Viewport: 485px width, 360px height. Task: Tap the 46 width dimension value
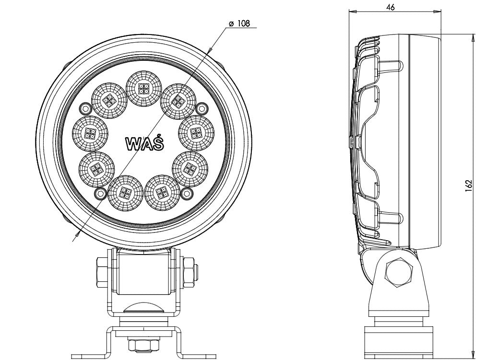tap(390, 7)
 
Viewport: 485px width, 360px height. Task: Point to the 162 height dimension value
tap(469, 186)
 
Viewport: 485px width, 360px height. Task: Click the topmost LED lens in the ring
tap(143, 88)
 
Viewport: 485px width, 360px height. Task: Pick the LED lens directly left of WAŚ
tap(90, 133)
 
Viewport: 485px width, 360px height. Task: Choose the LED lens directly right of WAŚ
tap(196, 133)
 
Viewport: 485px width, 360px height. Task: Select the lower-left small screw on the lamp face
tap(100, 194)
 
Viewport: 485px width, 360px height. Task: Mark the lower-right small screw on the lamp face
tap(187, 194)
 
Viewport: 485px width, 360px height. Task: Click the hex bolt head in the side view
tap(399, 273)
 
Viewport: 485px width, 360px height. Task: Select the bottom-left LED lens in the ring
tap(126, 193)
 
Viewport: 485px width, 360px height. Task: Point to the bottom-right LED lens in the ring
tap(162, 193)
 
